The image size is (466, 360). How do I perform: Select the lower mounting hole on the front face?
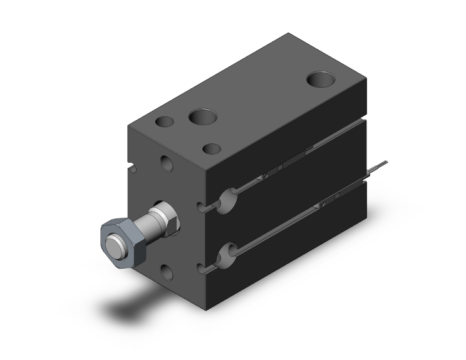(x=167, y=271)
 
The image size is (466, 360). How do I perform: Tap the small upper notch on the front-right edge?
(x=201, y=207)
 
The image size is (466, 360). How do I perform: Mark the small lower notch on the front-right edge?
(x=201, y=268)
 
